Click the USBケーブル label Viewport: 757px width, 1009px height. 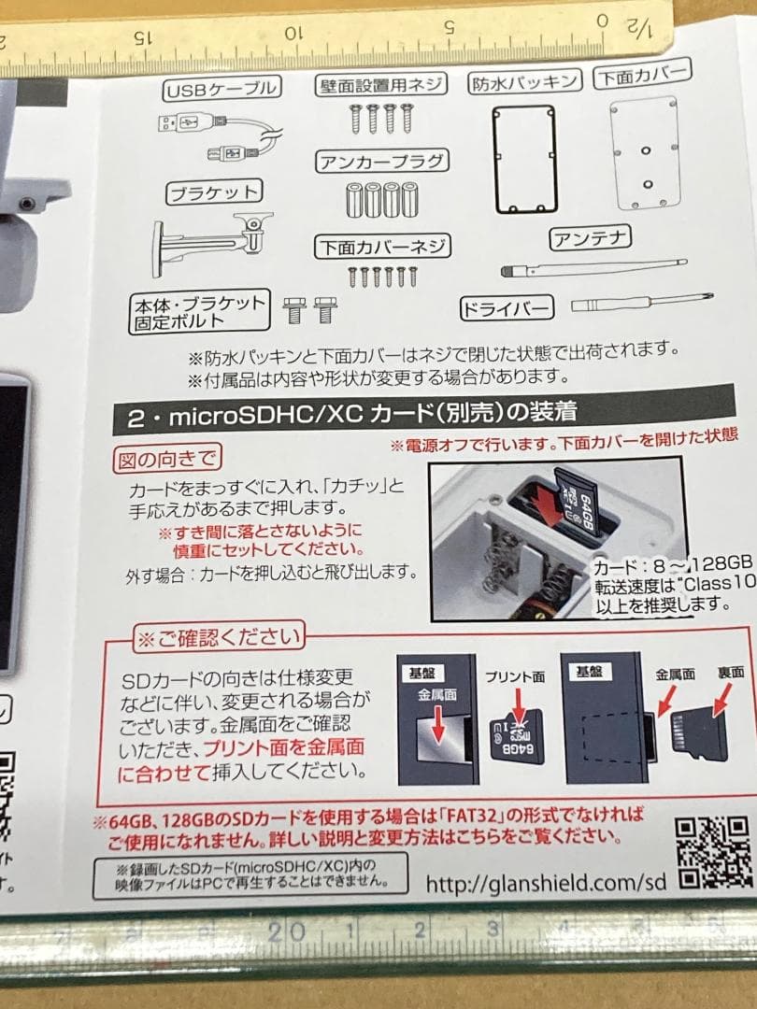point(221,90)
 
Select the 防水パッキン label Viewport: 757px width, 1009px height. point(524,82)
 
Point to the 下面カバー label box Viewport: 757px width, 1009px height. point(642,76)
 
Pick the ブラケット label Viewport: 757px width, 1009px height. point(212,193)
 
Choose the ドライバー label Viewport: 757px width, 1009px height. point(507,307)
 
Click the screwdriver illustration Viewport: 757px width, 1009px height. point(643,302)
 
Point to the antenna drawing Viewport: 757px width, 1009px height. point(593,268)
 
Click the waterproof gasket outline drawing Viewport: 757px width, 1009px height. point(524,158)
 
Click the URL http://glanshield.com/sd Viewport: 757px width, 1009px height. point(546,883)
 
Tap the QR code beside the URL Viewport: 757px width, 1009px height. point(713,852)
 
